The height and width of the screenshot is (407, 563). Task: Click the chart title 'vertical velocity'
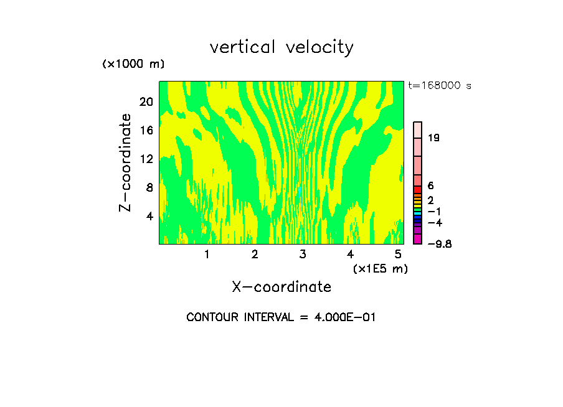(x=281, y=47)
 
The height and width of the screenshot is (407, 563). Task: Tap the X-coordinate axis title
(x=281, y=287)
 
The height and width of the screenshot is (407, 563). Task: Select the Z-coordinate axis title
(x=126, y=162)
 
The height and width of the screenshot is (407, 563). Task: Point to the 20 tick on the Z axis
(x=146, y=101)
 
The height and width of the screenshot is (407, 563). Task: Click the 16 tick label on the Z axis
(x=146, y=130)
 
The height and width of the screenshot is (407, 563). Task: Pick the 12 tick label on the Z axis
(x=146, y=159)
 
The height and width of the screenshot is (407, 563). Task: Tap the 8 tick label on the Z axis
(x=149, y=187)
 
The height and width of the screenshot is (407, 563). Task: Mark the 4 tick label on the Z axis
(x=149, y=216)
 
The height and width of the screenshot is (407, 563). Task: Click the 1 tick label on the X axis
(x=207, y=255)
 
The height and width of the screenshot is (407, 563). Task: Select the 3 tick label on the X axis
(x=303, y=255)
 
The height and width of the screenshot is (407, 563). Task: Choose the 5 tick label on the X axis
(x=398, y=255)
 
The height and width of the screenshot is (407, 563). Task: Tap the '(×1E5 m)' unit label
(x=380, y=269)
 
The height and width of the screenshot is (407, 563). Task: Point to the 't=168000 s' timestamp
(x=440, y=86)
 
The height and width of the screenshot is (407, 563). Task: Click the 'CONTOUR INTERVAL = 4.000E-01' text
(x=281, y=317)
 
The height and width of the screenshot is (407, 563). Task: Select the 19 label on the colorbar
(x=433, y=138)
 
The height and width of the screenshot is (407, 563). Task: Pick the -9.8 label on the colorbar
(x=440, y=244)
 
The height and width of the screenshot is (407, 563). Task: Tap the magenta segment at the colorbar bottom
(x=418, y=239)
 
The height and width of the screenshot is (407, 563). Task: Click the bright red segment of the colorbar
(x=418, y=190)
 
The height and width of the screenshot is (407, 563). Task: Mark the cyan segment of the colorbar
(x=418, y=213)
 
